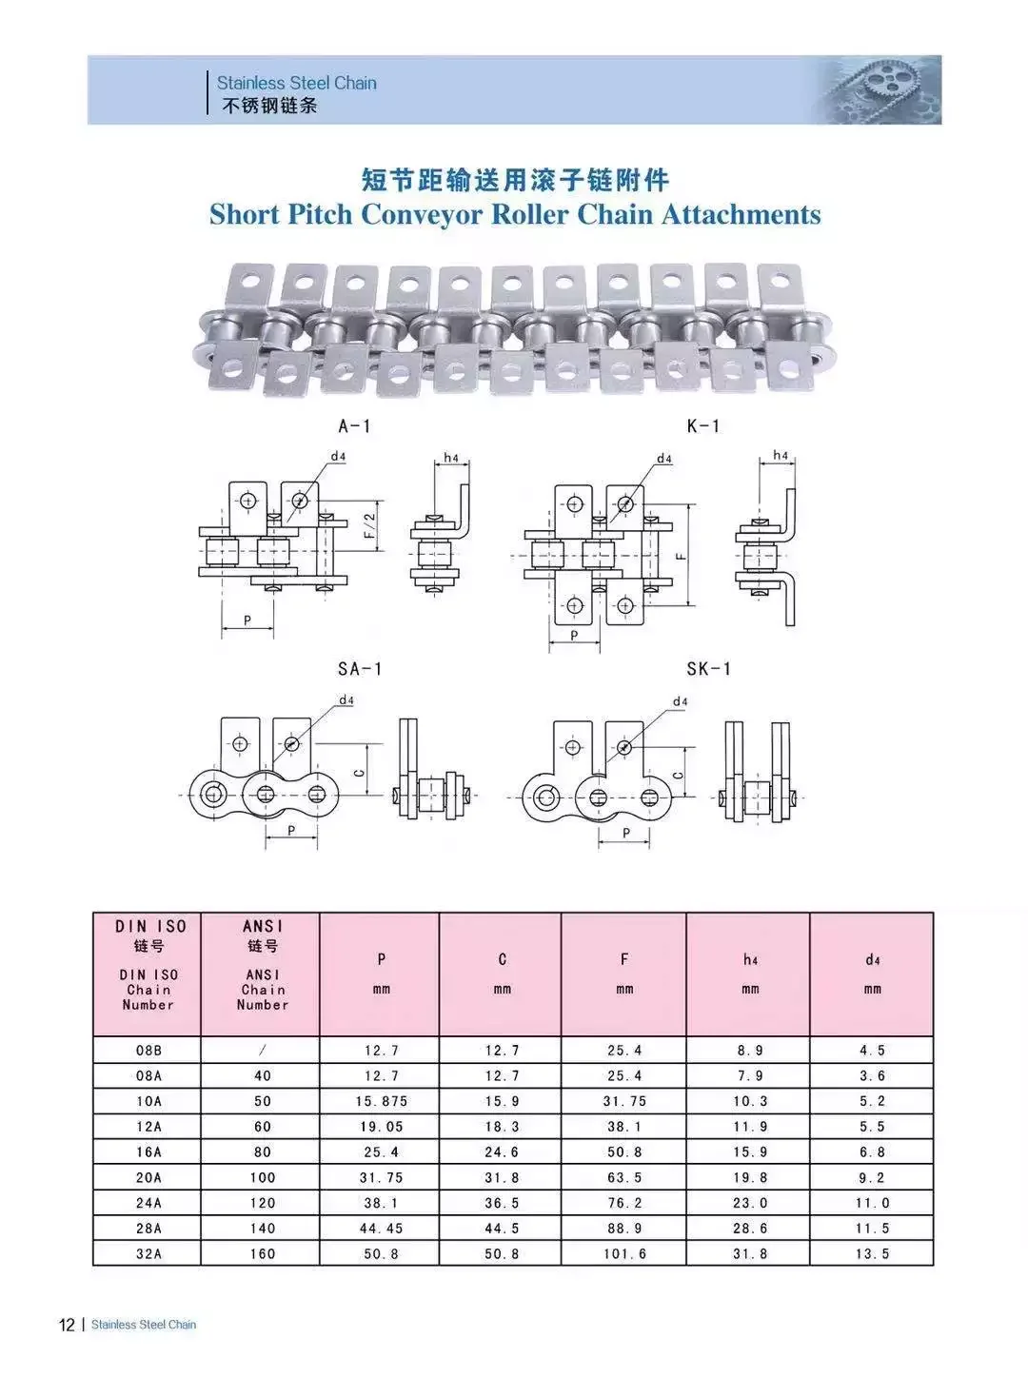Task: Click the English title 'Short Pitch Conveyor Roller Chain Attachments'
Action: (x=514, y=214)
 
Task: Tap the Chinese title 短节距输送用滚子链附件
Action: (x=514, y=179)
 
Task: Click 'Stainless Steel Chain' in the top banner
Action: (x=296, y=83)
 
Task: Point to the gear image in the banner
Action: (x=880, y=90)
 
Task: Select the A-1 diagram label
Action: (x=354, y=425)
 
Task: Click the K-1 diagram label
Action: (x=703, y=425)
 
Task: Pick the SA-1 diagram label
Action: (x=359, y=669)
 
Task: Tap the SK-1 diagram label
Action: (x=709, y=669)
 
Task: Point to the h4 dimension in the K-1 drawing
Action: (x=781, y=455)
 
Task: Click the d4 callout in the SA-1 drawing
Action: (x=346, y=700)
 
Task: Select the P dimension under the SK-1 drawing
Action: (x=626, y=833)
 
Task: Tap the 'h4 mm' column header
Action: (x=750, y=974)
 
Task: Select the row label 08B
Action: (x=148, y=1051)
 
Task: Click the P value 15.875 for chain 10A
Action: (x=381, y=1101)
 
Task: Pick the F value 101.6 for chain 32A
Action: (x=624, y=1253)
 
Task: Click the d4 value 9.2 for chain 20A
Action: (x=872, y=1177)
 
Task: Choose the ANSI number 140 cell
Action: (x=262, y=1229)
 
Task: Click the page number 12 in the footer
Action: (x=67, y=1325)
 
